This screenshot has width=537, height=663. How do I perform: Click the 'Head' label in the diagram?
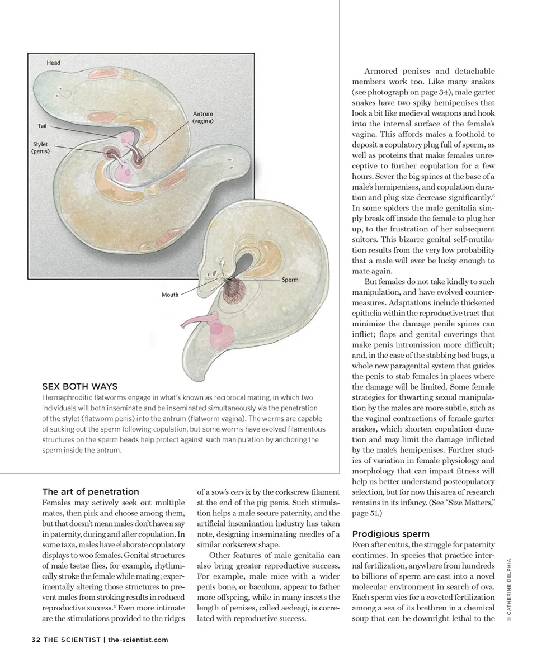53,63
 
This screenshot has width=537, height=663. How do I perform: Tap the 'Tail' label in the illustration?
42,126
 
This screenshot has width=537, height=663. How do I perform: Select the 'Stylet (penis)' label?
40,148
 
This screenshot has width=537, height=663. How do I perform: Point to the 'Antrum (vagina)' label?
202,117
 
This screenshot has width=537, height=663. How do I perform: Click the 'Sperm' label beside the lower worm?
290,280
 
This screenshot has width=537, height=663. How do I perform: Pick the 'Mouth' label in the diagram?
170,295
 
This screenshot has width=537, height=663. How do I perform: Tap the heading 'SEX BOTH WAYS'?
80,386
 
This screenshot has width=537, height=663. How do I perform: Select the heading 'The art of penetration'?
91,491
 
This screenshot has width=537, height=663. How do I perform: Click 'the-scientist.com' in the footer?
138,640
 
